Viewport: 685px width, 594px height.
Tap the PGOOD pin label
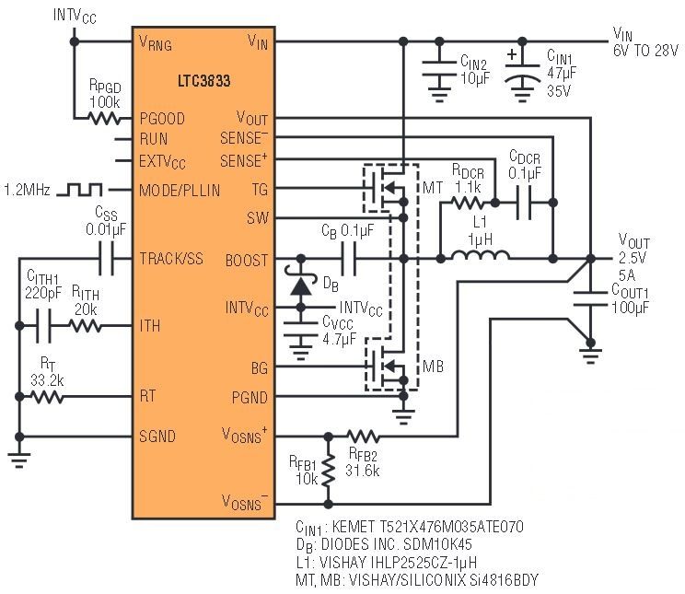162,119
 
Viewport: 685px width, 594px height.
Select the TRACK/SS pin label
171,260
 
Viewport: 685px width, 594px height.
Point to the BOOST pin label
247,261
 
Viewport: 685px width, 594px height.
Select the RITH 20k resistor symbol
86,326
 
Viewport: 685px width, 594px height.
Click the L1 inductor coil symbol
474,259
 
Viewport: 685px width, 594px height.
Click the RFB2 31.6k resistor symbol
363,435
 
